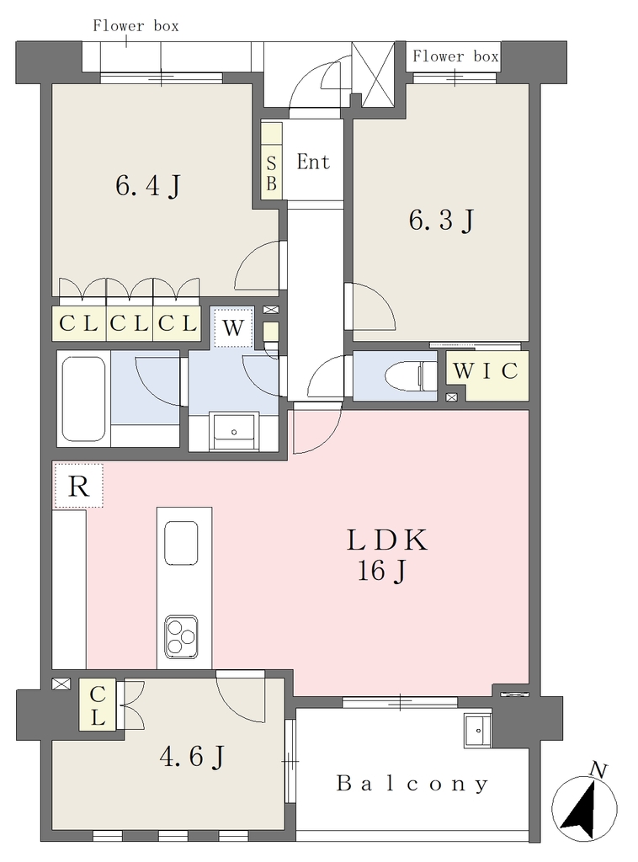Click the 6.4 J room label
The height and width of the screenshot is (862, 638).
point(148,185)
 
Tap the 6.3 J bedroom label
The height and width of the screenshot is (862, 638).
point(441,220)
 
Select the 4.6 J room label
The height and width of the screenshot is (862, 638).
point(192,757)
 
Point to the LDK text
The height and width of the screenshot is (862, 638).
point(387,540)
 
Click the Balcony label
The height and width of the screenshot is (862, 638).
point(412,784)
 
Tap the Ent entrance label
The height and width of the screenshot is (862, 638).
point(313,162)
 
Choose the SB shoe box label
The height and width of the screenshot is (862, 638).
point(272,173)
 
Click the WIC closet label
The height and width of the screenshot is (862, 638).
point(486,371)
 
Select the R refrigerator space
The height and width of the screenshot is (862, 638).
point(78,486)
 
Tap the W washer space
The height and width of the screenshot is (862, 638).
point(233,327)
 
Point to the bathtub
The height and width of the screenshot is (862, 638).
point(83,398)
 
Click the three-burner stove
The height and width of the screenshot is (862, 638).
point(181,636)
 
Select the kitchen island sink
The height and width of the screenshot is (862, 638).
point(181,543)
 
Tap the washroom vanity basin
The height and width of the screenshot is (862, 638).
point(234,432)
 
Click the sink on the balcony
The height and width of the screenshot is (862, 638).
point(477,731)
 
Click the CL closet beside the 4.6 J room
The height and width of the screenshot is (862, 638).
point(98,705)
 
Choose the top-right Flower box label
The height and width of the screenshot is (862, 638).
point(455,56)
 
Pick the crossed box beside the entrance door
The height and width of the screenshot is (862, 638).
point(373,75)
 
